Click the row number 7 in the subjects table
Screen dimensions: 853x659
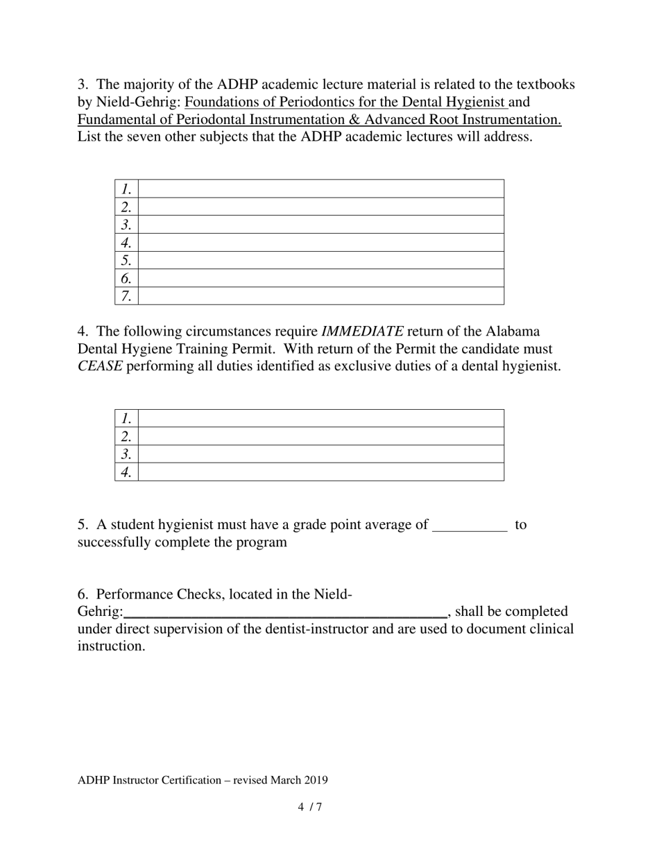126,296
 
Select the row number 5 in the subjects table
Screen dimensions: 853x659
126,260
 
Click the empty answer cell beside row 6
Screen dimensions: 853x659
320,278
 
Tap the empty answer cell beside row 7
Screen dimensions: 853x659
320,296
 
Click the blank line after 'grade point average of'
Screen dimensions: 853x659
470,525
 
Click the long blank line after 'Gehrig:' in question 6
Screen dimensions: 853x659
285,612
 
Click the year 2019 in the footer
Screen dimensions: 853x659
316,779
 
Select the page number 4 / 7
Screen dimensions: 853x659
310,807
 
